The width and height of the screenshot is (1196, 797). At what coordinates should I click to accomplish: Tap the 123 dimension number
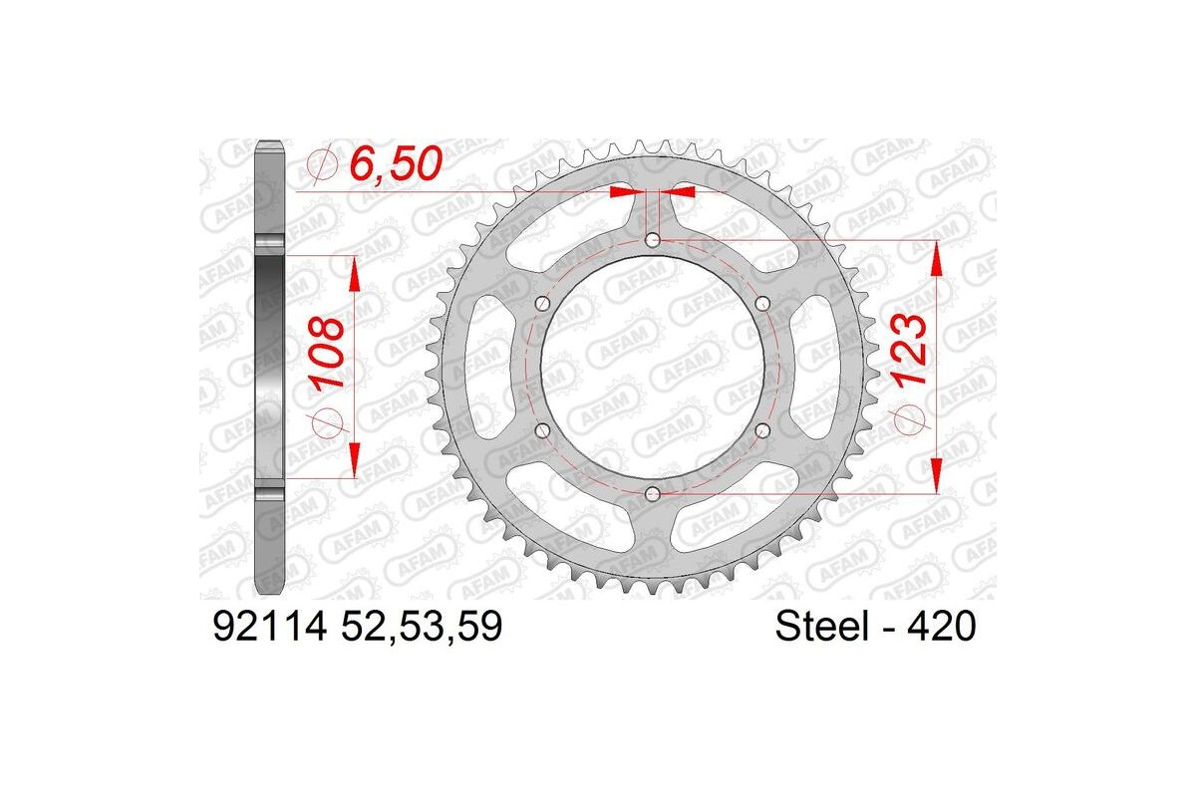[x=912, y=352]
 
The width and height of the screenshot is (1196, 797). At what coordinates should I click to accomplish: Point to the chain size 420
[x=942, y=628]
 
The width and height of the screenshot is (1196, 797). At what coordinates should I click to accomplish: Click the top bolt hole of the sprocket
[x=652, y=239]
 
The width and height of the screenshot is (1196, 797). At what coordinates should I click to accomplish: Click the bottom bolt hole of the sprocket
[x=652, y=493]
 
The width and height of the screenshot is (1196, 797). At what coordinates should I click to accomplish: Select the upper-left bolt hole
[x=542, y=303]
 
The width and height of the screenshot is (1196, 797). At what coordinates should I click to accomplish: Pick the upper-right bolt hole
[x=762, y=303]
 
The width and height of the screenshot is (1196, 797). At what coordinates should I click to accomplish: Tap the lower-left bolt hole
[x=542, y=429]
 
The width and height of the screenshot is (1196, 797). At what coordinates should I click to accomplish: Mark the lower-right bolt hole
[x=762, y=429]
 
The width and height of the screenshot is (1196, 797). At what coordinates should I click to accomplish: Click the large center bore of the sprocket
[x=652, y=366]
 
